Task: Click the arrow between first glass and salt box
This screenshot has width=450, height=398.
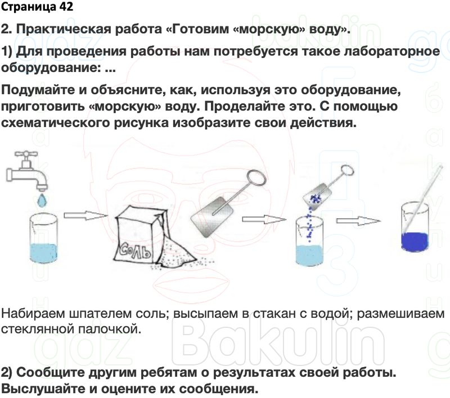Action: click(x=84, y=215)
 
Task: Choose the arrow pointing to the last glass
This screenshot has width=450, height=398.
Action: click(x=358, y=221)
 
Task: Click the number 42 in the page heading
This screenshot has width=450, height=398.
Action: click(x=63, y=8)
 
